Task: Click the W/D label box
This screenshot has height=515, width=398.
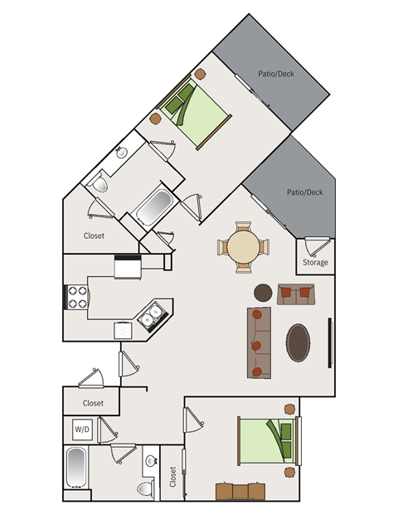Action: (82, 430)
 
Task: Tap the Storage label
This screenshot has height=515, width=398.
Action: (315, 262)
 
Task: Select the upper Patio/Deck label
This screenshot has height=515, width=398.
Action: (276, 74)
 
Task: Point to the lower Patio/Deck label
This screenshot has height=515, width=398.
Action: (305, 192)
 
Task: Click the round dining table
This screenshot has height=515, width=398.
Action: (243, 246)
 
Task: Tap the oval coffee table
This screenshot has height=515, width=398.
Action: (298, 343)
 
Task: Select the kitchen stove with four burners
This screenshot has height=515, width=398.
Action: (76, 297)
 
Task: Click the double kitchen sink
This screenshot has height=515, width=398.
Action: (152, 315)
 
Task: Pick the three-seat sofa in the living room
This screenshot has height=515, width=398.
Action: (259, 343)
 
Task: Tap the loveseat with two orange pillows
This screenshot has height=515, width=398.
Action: (296, 294)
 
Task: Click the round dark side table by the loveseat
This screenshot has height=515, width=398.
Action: (263, 293)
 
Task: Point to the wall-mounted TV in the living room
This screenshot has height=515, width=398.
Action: (330, 343)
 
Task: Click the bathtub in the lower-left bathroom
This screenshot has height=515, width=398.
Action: (76, 468)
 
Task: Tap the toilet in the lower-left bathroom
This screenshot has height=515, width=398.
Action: (146, 488)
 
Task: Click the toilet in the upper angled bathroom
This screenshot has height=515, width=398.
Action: (99, 182)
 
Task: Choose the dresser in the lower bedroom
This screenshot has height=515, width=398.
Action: (240, 491)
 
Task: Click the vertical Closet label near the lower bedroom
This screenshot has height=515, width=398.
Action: (172, 477)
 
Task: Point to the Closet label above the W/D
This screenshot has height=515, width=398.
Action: (93, 403)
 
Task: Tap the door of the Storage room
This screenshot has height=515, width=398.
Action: (317, 246)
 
